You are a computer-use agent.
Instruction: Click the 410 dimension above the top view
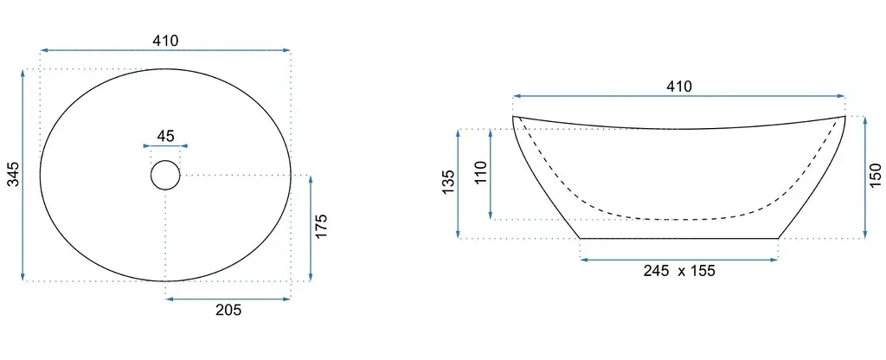[x=165, y=41]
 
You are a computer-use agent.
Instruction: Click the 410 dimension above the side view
[x=678, y=87]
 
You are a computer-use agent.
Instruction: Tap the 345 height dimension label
[x=14, y=174]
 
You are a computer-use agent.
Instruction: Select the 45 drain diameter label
[x=165, y=136]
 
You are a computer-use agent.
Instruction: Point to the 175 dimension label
[x=320, y=226]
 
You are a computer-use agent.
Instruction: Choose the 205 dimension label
[x=228, y=310]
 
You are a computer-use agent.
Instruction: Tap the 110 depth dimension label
[x=481, y=173]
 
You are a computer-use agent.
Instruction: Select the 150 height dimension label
[x=876, y=175]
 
